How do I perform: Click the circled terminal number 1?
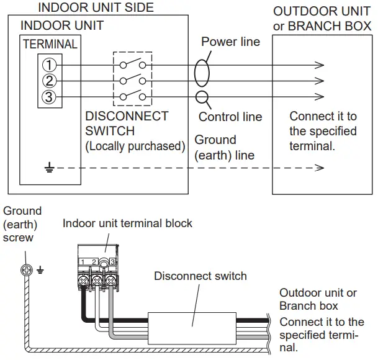point(50,65)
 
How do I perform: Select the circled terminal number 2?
point(50,81)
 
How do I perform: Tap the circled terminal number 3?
point(50,97)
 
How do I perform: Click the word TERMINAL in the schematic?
point(50,45)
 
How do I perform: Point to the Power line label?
point(230,42)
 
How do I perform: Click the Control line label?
point(230,117)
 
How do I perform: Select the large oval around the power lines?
point(201,73)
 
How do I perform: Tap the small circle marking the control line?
point(201,97)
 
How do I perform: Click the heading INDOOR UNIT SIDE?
point(96,8)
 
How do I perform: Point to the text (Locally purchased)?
point(135,146)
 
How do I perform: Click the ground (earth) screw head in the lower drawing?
point(26,270)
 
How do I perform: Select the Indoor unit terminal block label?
point(127,223)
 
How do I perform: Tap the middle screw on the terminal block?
point(97,280)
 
